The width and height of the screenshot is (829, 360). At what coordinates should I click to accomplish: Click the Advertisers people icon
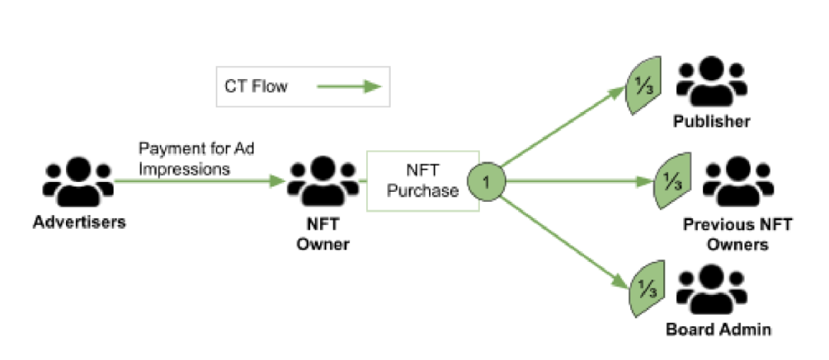click(x=79, y=182)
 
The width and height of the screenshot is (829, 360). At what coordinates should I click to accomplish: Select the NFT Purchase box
click(x=423, y=181)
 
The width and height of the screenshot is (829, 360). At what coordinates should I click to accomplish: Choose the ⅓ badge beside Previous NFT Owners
click(x=670, y=183)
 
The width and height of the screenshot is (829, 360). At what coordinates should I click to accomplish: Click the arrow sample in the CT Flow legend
click(x=349, y=87)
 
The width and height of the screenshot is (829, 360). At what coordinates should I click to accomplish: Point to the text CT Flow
click(x=256, y=86)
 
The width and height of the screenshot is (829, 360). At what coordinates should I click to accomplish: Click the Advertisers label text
click(x=79, y=223)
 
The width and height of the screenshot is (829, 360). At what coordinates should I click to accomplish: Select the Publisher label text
click(x=711, y=121)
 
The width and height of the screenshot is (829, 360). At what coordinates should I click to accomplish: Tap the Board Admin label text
click(x=718, y=330)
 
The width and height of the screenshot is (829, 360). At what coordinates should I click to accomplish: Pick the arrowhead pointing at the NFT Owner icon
click(x=279, y=183)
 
